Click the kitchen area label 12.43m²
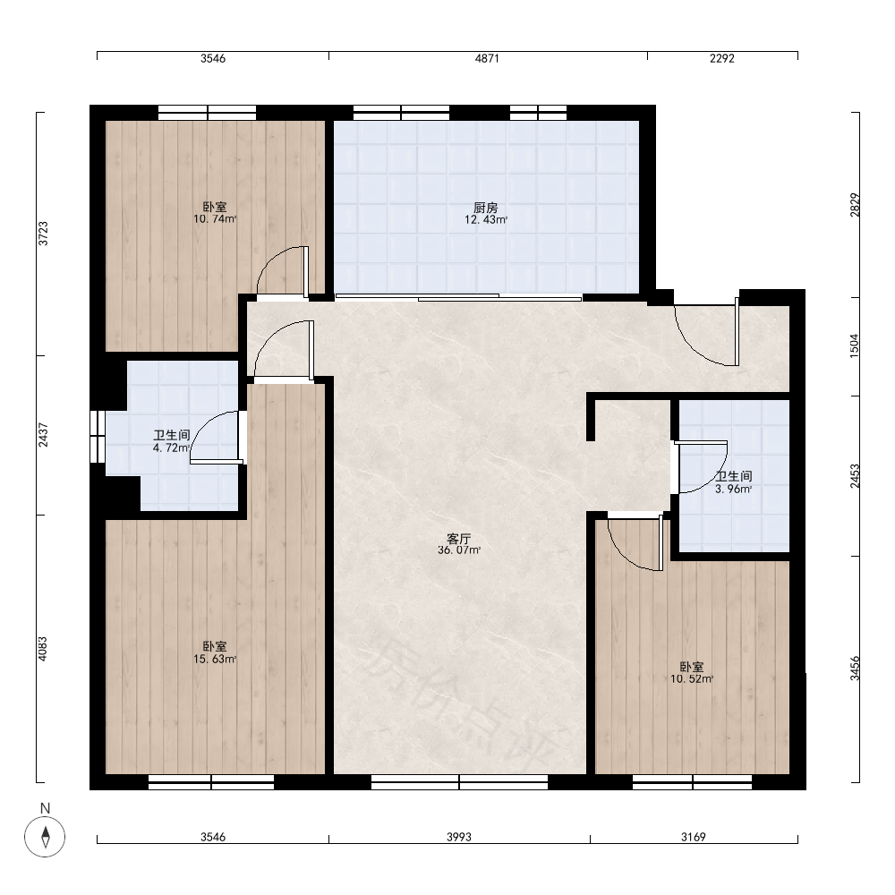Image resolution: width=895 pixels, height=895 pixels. click(486, 220)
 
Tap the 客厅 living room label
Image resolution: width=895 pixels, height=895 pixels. click(458, 538)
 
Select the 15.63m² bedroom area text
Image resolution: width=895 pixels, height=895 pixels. click(215, 660)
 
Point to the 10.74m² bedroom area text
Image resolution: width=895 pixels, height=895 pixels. click(215, 218)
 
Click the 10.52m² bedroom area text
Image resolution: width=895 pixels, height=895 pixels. click(692, 679)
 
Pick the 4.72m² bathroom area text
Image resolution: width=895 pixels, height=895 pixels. click(171, 448)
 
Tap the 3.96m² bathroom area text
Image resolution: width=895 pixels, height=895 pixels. click(734, 490)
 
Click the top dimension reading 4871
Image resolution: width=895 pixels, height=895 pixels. click(488, 58)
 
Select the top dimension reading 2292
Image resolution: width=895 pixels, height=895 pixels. click(722, 58)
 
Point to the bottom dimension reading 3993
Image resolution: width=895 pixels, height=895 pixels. click(459, 837)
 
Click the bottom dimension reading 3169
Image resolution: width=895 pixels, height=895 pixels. click(694, 837)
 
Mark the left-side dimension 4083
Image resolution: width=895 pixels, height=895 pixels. click(43, 649)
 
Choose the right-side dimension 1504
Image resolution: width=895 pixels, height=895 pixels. click(855, 345)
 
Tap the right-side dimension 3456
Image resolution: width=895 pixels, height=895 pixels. click(855, 669)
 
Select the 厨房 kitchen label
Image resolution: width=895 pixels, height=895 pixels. click(486, 209)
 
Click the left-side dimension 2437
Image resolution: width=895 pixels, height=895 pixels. click(43, 435)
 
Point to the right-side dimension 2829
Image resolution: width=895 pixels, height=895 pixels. click(855, 205)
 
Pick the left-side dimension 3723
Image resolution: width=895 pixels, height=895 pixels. click(43, 234)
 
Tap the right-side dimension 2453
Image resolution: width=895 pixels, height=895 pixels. click(855, 476)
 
